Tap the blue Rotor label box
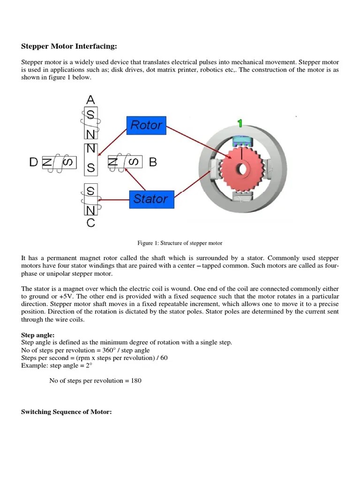pyautogui.click(x=146, y=125)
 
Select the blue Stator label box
pyautogui.click(x=151, y=199)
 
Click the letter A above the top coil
pyautogui.click(x=91, y=100)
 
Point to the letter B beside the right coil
pyautogui.click(x=153, y=162)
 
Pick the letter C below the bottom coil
pyautogui.click(x=91, y=223)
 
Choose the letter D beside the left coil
pyautogui.click(x=33, y=162)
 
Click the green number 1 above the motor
pyautogui.click(x=240, y=123)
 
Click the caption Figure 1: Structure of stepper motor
pyautogui.click(x=180, y=243)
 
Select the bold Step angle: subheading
pyautogui.click(x=38, y=335)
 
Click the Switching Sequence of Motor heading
pyautogui.click(x=66, y=412)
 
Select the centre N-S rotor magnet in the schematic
pyautogui.click(x=91, y=158)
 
